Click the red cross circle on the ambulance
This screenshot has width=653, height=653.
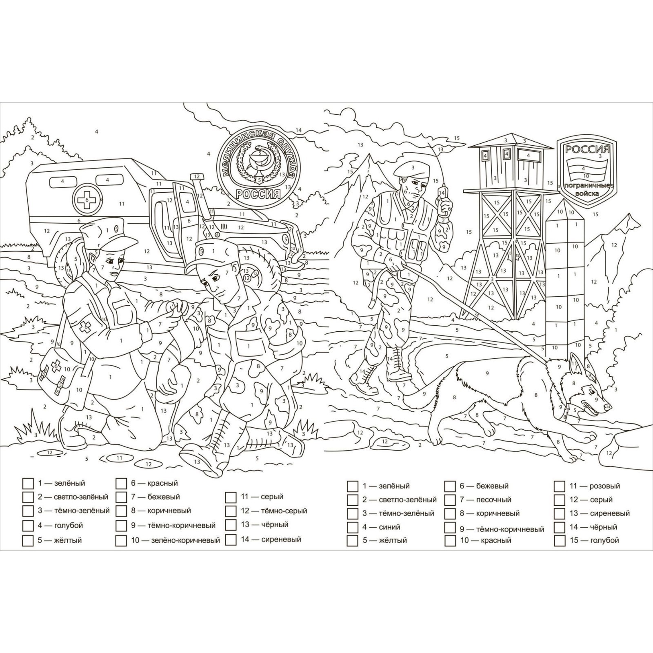87,200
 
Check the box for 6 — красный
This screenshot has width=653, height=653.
121,484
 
